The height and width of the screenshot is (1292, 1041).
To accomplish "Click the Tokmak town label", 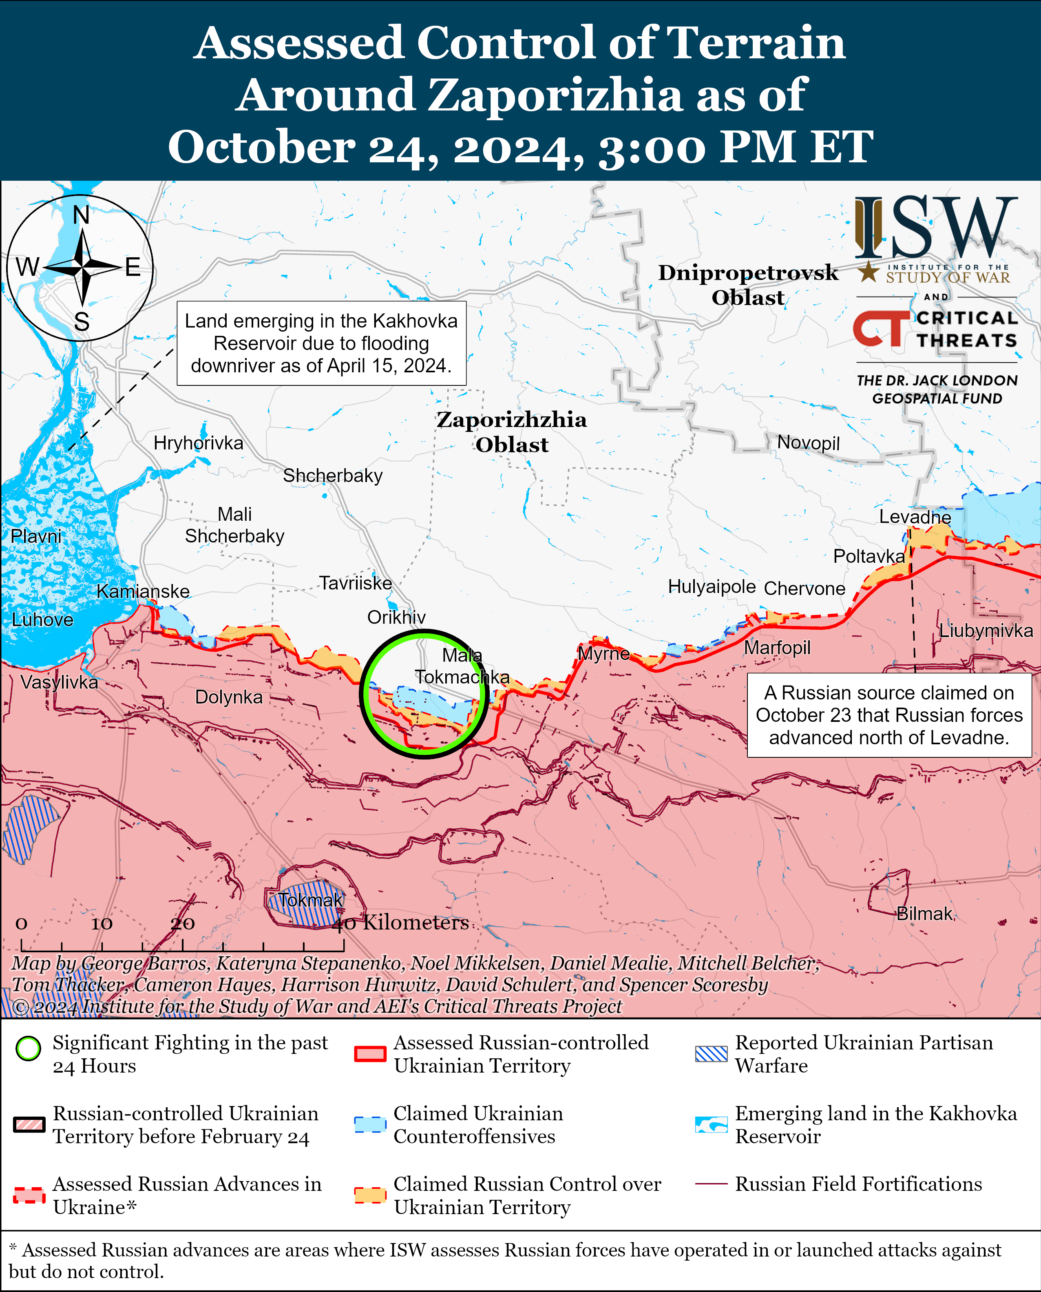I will coord(311,900).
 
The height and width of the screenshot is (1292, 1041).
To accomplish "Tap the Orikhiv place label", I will coord(396,617).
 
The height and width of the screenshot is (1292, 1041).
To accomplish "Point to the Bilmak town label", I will coord(924,914).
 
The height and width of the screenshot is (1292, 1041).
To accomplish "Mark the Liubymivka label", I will coord(985,631).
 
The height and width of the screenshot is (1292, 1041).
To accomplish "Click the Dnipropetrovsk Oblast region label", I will coord(748,284).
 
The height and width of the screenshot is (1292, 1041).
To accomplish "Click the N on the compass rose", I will coord(81,215).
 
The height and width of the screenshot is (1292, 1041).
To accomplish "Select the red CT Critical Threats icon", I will coord(880,328).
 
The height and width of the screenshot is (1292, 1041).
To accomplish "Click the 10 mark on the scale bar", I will coord(102,924).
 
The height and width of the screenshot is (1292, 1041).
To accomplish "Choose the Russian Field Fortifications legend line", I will coord(711,1184).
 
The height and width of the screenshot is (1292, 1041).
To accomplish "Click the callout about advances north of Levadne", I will coord(888,715).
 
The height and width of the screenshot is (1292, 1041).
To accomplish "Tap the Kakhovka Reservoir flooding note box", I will coord(321,343).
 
